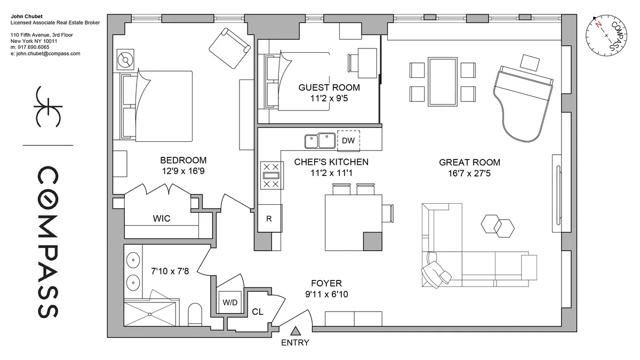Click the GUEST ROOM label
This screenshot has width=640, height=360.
point(329,87)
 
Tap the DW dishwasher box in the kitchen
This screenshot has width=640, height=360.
point(348,141)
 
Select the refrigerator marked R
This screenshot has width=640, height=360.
point(269,218)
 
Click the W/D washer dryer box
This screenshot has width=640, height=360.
point(230,302)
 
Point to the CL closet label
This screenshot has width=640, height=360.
point(258,311)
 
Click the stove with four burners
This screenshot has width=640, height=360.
point(271,175)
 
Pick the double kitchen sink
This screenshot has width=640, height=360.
point(319,141)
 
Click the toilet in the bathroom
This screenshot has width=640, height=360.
point(196,315)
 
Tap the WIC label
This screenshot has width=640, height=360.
point(162,219)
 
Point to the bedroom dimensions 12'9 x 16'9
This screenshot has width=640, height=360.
point(183,172)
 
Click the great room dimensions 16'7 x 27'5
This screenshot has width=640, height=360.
point(469,174)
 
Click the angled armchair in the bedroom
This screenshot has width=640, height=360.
point(229,47)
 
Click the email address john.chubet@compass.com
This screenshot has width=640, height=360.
point(45,53)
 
